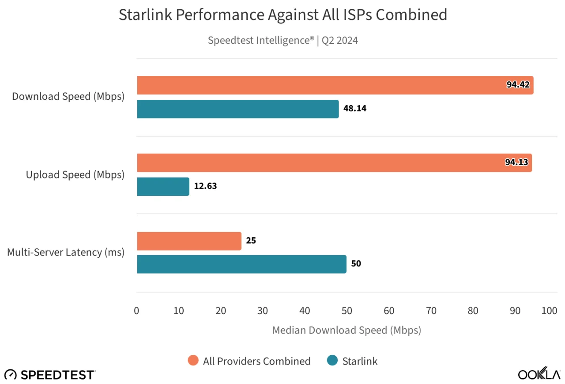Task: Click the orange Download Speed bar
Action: click(335, 85)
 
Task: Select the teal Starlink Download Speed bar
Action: click(238, 109)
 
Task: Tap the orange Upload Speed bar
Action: click(335, 163)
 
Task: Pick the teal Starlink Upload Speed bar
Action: click(163, 186)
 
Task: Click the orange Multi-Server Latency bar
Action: click(189, 241)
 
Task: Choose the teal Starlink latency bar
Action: click(241, 264)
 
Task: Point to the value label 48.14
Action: click(354, 108)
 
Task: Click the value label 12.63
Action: click(205, 186)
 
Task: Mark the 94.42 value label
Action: click(518, 84)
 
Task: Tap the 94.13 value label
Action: click(516, 162)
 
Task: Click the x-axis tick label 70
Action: click(431, 311)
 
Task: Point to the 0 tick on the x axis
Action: click(136, 311)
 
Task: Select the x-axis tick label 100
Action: click(549, 311)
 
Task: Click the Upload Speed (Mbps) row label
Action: click(75, 175)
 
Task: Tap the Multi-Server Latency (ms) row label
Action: click(66, 252)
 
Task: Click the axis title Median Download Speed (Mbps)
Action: click(347, 330)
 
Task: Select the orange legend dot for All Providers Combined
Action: click(193, 360)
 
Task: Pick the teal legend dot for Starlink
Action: click(332, 360)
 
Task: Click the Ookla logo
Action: click(539, 373)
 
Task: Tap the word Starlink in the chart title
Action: click(145, 15)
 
